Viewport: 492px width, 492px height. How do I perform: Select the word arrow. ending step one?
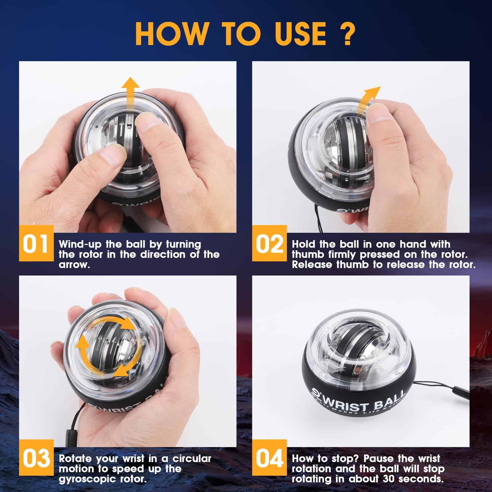tap(74, 265)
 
